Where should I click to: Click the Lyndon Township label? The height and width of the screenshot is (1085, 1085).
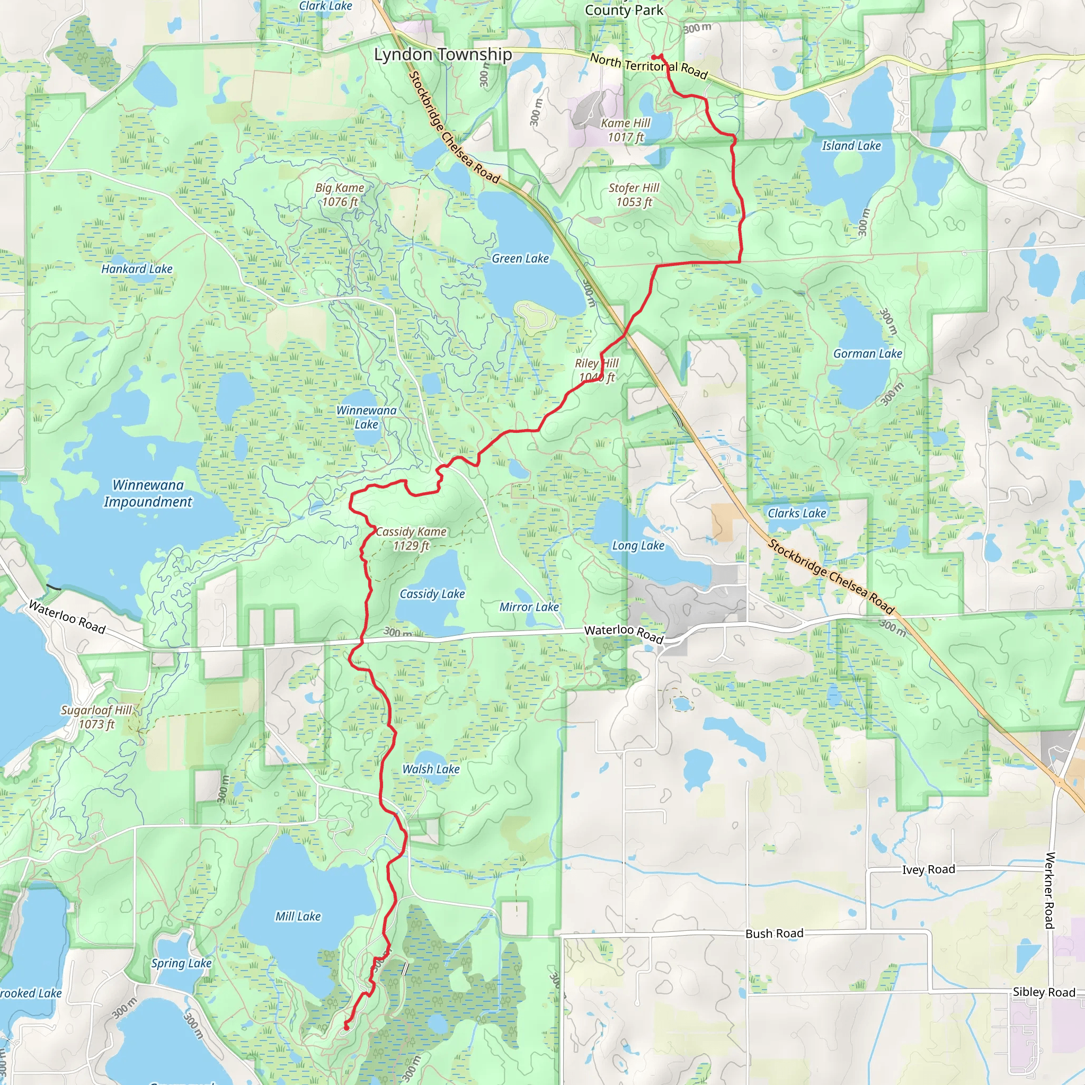pyautogui.click(x=442, y=55)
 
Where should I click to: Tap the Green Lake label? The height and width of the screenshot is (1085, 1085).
pyautogui.click(x=520, y=259)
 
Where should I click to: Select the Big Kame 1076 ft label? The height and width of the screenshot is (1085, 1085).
pyautogui.click(x=339, y=195)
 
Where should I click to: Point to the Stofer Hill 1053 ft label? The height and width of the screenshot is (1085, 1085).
pyautogui.click(x=634, y=195)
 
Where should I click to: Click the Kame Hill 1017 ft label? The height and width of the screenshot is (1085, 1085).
pyautogui.click(x=625, y=130)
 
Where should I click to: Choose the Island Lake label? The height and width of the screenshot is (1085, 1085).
pyautogui.click(x=851, y=146)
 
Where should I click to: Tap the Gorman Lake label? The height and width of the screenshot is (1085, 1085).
pyautogui.click(x=867, y=354)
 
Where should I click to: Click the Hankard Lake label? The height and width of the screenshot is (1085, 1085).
pyautogui.click(x=137, y=269)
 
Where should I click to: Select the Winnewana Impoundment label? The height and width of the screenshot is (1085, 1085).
pyautogui.click(x=148, y=493)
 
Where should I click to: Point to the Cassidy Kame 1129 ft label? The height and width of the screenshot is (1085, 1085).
pyautogui.click(x=411, y=539)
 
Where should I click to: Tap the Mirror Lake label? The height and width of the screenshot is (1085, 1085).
pyautogui.click(x=529, y=607)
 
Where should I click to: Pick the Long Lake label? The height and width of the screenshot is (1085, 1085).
pyautogui.click(x=638, y=546)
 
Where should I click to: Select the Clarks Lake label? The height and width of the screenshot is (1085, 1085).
pyautogui.click(x=796, y=513)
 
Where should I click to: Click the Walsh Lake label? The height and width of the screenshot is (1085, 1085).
pyautogui.click(x=431, y=769)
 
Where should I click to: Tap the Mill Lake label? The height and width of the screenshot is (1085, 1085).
pyautogui.click(x=298, y=917)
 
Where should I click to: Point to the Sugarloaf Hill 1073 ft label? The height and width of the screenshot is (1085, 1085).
pyautogui.click(x=96, y=717)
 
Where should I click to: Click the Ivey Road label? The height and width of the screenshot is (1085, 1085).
pyautogui.click(x=928, y=869)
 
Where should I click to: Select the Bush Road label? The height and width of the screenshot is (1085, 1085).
pyautogui.click(x=774, y=933)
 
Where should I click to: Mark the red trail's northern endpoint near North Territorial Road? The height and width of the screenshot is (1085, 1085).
pyautogui.click(x=655, y=57)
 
